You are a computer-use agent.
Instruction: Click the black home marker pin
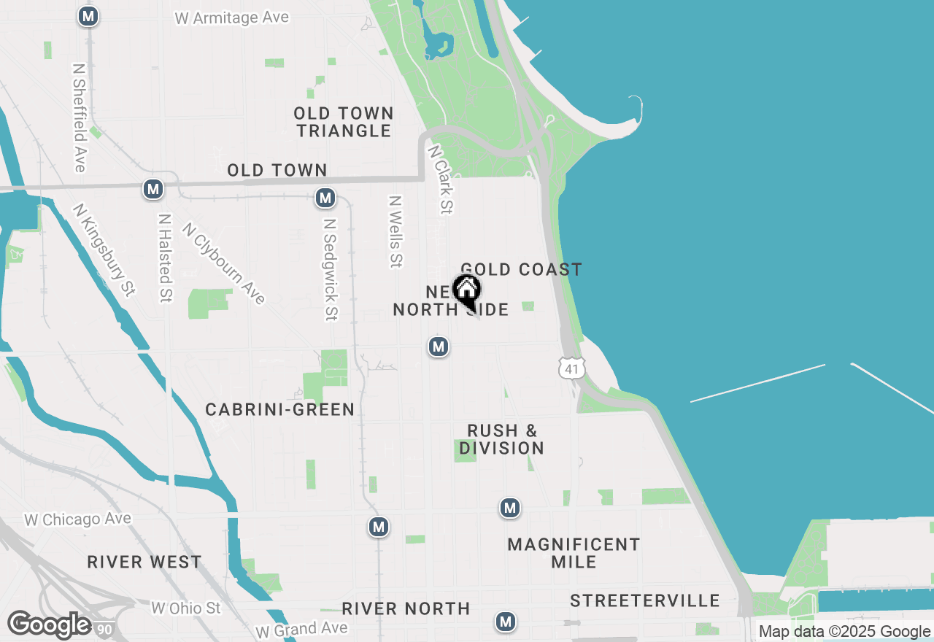466,291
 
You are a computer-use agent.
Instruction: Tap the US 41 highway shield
571,368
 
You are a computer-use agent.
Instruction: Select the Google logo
49,625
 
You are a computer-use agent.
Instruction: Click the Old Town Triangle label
344,123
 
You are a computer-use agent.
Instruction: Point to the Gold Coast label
522,269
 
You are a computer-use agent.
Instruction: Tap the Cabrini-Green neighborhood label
279,410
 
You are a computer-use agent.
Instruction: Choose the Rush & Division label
502,439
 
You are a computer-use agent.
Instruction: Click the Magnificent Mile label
574,553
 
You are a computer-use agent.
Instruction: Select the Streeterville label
645,600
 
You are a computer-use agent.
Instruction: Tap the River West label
144,562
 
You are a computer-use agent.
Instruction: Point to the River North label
406,608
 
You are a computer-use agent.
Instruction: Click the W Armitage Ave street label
232,18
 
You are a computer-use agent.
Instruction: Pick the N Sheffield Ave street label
80,117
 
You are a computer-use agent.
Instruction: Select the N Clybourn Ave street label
224,263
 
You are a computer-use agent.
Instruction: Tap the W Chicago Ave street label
77,519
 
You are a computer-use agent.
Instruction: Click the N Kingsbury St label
104,250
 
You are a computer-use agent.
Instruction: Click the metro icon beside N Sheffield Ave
88,16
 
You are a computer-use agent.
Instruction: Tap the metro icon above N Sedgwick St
325,198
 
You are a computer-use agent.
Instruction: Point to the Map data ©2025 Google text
844,632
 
